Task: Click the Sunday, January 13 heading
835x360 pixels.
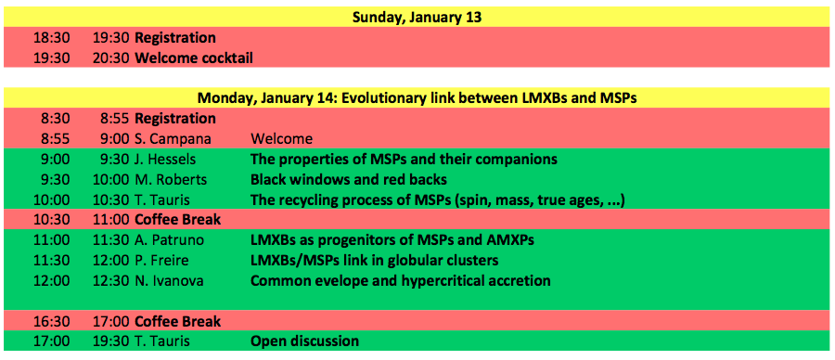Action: click(x=417, y=17)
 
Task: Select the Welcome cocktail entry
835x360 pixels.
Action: click(x=194, y=58)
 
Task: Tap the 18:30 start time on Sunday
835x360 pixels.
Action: click(x=52, y=38)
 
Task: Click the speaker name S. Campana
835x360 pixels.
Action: click(x=173, y=139)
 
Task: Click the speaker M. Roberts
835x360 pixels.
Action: click(x=170, y=179)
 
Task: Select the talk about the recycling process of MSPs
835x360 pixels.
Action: click(x=437, y=199)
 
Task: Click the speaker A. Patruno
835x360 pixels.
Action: click(x=170, y=240)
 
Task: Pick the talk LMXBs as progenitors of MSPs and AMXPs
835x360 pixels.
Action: click(x=392, y=240)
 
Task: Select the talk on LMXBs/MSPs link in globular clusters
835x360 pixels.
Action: click(x=375, y=261)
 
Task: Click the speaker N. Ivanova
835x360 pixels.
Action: click(x=169, y=280)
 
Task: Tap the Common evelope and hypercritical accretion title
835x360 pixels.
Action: click(x=401, y=280)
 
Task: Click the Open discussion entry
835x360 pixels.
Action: click(x=304, y=341)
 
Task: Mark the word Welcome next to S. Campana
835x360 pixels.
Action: click(x=281, y=139)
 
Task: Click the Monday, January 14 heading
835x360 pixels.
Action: click(x=417, y=98)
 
